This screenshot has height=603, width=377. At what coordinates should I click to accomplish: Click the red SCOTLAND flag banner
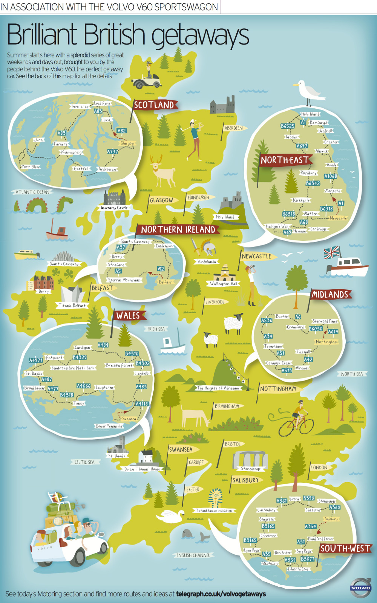155,105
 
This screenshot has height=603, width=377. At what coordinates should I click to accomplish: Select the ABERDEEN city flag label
234,128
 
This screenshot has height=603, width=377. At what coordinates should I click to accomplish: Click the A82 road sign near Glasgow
121,131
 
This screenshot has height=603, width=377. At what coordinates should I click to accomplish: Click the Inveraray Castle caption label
114,208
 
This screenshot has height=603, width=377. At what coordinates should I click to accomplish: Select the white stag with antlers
163,172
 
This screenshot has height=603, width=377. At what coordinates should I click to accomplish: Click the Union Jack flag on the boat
332,252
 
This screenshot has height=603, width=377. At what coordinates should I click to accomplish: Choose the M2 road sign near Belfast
161,269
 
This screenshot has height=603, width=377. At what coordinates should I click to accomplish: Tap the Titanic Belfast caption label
72,305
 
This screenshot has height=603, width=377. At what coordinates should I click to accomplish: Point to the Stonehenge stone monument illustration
250,459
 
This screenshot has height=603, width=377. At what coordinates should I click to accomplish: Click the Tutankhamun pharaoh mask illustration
216,497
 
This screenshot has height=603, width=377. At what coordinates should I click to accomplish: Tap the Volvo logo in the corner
361,588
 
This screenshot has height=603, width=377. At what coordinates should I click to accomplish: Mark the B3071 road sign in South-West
307,559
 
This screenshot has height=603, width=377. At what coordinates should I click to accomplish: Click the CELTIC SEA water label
84,462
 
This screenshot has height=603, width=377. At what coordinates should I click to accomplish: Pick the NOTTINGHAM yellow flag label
278,389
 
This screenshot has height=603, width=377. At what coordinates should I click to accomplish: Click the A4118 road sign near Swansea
142,404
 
